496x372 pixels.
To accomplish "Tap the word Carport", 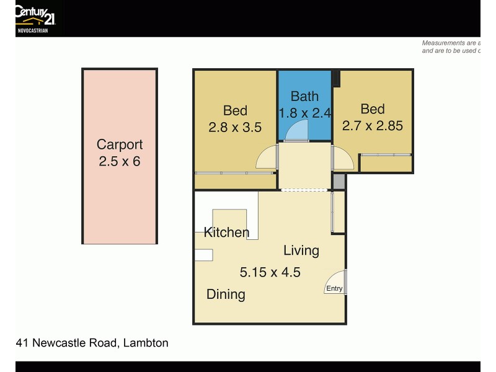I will click(x=120, y=144).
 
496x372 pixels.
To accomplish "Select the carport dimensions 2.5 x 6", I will click(x=120, y=162).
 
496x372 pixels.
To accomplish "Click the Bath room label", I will click(x=304, y=96).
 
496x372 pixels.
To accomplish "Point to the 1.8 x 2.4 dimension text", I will click(x=305, y=113).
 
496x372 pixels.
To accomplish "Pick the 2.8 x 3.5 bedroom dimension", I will click(x=235, y=128).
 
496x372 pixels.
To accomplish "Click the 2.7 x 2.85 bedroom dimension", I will click(x=373, y=126).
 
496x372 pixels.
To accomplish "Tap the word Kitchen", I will click(x=226, y=232).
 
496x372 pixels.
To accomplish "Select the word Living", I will click(x=301, y=250).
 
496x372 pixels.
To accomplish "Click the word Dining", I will click(x=226, y=294).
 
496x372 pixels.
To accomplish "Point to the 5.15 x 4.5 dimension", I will click(x=270, y=272).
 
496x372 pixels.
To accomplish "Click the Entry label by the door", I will click(x=334, y=288).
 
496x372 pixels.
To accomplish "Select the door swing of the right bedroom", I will click(x=343, y=157).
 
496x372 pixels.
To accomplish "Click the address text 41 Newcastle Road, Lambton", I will click(x=92, y=342).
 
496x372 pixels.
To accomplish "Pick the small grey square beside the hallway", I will click(x=339, y=181).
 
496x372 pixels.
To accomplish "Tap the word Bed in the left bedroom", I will click(x=235, y=110).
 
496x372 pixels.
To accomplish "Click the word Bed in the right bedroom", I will click(x=373, y=109).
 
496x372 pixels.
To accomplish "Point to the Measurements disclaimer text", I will click(x=451, y=47).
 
